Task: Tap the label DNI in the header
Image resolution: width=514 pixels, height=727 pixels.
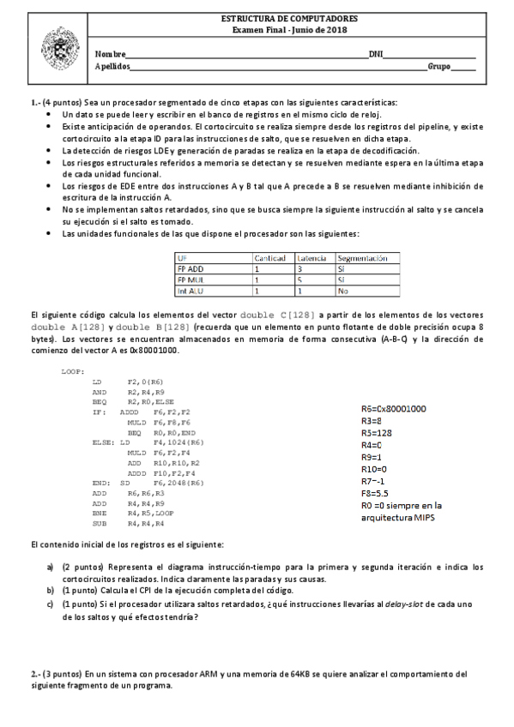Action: point(376,53)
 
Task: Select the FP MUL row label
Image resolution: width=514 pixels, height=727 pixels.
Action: point(190,279)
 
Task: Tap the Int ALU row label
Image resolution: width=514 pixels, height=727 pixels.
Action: point(190,291)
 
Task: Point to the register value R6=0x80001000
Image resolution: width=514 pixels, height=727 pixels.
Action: point(400,409)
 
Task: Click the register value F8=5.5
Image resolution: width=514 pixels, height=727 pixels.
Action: point(379,493)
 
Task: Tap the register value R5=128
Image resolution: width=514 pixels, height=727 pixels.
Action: point(378,433)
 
